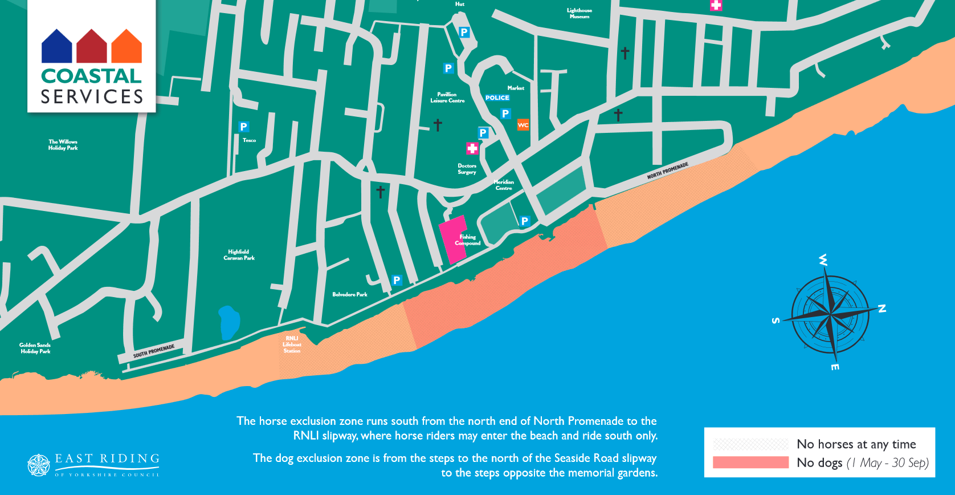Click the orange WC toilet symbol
tap(523, 125)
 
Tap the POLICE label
tap(497, 98)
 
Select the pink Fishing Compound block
tap(453, 240)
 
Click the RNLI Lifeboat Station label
tap(292, 344)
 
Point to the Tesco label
tap(249, 140)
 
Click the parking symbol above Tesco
tap(244, 127)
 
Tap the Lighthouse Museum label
tap(579, 13)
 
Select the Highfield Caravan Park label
tap(239, 255)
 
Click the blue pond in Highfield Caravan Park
tap(229, 322)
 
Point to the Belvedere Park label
tap(349, 294)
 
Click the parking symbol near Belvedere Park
tap(397, 280)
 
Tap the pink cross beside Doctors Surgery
tap(472, 149)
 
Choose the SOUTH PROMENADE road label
tap(154, 351)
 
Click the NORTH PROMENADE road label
tap(667, 171)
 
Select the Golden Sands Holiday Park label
tap(35, 348)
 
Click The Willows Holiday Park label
tap(63, 145)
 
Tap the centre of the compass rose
tap(830, 314)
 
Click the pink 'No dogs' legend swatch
tap(750, 462)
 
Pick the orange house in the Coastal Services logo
tap(126, 47)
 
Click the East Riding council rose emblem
tap(39, 465)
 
